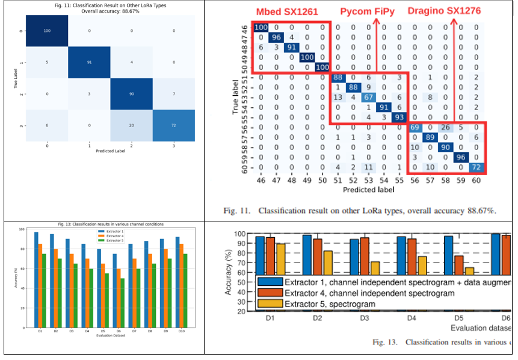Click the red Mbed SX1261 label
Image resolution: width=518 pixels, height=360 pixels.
pos(287,11)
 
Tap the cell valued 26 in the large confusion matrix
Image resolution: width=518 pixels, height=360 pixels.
pos(445,128)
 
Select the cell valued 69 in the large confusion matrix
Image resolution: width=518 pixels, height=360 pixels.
pos(414,128)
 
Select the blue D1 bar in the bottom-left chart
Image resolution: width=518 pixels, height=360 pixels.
pos(36,280)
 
